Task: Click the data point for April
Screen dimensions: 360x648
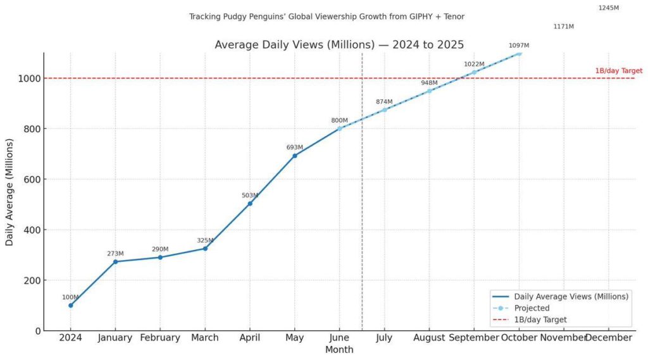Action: [x=250, y=203]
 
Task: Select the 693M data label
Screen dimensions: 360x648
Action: [x=294, y=147]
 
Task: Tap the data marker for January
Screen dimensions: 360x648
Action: [x=115, y=261]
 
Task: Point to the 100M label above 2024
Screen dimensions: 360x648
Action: [x=70, y=297]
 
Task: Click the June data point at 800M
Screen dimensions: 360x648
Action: [x=340, y=128]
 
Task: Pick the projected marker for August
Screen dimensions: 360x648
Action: [x=429, y=91]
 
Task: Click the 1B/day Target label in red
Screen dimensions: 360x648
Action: [x=618, y=71]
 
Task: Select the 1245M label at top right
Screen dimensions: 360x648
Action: [x=608, y=8]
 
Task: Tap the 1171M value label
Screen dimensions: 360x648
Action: [x=563, y=27]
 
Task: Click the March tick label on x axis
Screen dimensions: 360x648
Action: [x=205, y=338]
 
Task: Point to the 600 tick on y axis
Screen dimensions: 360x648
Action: [x=29, y=179]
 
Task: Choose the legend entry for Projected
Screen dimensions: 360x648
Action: [x=532, y=308]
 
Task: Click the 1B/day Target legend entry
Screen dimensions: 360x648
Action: [x=540, y=320]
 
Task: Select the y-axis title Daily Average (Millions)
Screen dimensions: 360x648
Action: [x=9, y=191]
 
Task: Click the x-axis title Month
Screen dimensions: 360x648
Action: [x=339, y=349]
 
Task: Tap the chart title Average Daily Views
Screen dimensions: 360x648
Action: [x=339, y=44]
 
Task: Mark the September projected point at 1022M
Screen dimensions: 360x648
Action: [x=474, y=72]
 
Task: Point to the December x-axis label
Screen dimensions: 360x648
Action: [x=608, y=338]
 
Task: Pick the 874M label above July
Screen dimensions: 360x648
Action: [x=384, y=102]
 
